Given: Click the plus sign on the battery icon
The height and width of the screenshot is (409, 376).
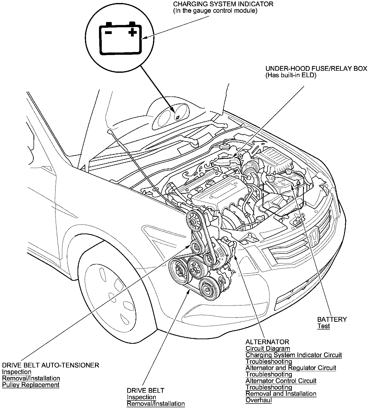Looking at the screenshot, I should coord(133,32).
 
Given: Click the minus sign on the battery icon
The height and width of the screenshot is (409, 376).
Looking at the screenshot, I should coord(108,32).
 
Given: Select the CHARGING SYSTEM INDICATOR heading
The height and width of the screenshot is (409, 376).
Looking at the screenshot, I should coord(223,4).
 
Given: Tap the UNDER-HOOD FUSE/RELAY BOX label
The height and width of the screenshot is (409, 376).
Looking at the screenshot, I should coord(316,68).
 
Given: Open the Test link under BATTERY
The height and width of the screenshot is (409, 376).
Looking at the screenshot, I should coord(323,326).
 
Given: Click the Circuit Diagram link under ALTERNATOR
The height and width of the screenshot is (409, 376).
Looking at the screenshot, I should coord(267,348).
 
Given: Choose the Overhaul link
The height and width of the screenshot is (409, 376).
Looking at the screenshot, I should coord(258,400).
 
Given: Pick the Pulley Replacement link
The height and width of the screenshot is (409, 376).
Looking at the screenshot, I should coord(31,385).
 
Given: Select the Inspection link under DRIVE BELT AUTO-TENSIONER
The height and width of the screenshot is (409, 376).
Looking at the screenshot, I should coord(16,372).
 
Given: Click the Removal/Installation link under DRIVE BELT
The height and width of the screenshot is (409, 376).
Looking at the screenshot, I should coord(155,403).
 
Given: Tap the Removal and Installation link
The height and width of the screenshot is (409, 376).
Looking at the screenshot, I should coord(281,394).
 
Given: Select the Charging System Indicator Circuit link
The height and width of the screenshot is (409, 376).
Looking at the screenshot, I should coord(293,355).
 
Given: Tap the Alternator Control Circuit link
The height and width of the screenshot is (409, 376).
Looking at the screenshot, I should coord(281,381).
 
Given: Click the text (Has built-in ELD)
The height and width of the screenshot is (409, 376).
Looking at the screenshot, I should coord(291,75).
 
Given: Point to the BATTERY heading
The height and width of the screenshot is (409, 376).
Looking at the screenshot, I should coord(332,319).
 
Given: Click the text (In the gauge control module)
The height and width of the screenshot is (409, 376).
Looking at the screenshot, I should coord(215,11).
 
